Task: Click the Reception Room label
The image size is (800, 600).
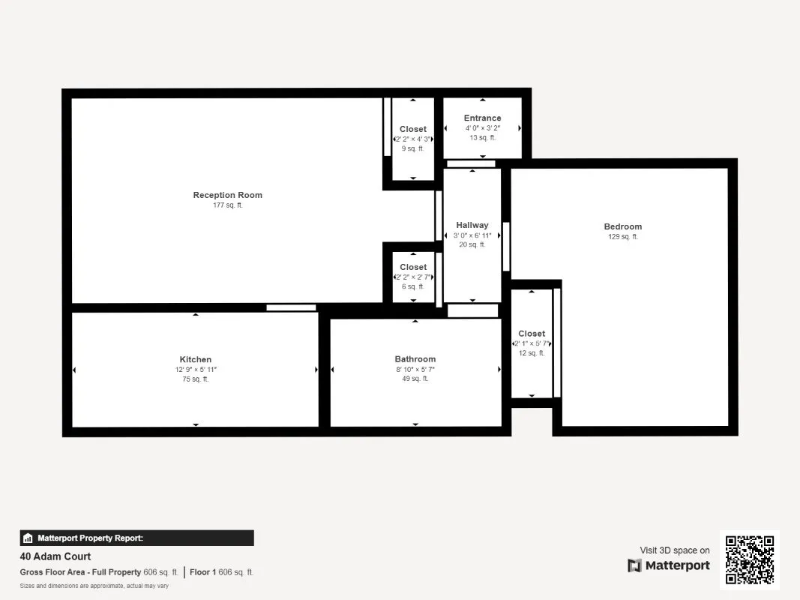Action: [x=227, y=195]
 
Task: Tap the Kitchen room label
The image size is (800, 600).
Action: [x=195, y=359]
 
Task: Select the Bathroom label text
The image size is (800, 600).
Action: [x=415, y=359]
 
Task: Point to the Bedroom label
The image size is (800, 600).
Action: [x=622, y=226]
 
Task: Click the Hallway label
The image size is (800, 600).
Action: [x=472, y=225]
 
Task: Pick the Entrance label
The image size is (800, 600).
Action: [x=482, y=118]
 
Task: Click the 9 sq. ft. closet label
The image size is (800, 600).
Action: [x=412, y=129]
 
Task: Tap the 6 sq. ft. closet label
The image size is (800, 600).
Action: [x=412, y=267]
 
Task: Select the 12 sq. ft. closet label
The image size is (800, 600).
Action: [x=532, y=334]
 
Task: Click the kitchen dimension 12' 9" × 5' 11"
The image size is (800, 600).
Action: [x=195, y=369]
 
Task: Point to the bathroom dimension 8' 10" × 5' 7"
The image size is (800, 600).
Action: [x=415, y=369]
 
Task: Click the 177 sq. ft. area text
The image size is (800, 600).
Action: [x=227, y=205]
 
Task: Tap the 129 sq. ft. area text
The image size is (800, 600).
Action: [x=622, y=236]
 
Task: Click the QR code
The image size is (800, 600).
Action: [x=750, y=559]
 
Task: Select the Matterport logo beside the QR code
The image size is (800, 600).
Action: [x=669, y=565]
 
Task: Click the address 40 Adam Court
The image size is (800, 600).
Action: [x=55, y=556]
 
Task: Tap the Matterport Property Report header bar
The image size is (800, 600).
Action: [x=136, y=538]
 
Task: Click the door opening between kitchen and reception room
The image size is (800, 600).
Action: [x=291, y=307]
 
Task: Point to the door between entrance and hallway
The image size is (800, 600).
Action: [x=471, y=163]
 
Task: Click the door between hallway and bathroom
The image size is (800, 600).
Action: [x=472, y=310]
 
